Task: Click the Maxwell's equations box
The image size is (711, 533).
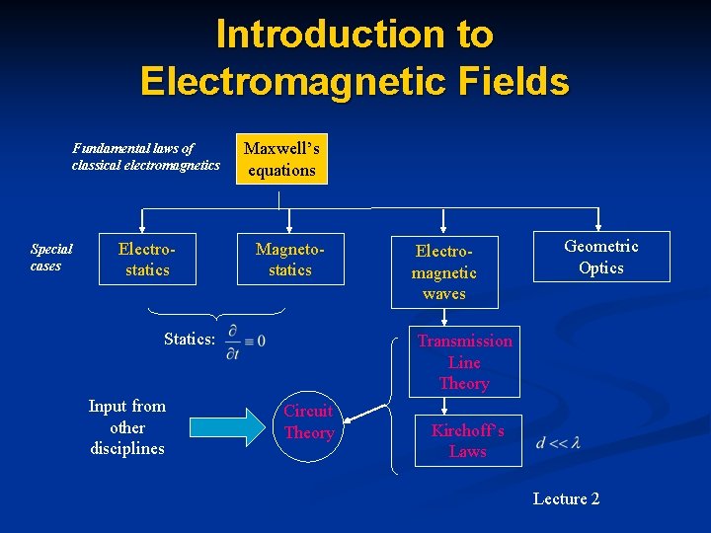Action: coord(281,159)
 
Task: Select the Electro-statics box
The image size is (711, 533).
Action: coord(147,259)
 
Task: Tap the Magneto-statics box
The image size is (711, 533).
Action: coord(290,259)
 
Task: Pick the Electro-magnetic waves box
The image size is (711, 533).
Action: coord(443,271)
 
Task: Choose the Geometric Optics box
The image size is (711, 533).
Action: coord(601,257)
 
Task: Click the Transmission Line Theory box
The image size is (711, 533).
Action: coord(464,362)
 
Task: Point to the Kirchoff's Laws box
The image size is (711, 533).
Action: coord(468,441)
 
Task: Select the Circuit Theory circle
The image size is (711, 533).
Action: coord(308,422)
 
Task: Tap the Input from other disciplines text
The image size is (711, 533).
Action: coord(127,427)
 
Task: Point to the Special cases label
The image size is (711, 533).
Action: coord(45,258)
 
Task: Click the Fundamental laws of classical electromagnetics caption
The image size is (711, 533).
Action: coord(145,157)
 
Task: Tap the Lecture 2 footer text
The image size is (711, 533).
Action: coord(566,498)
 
